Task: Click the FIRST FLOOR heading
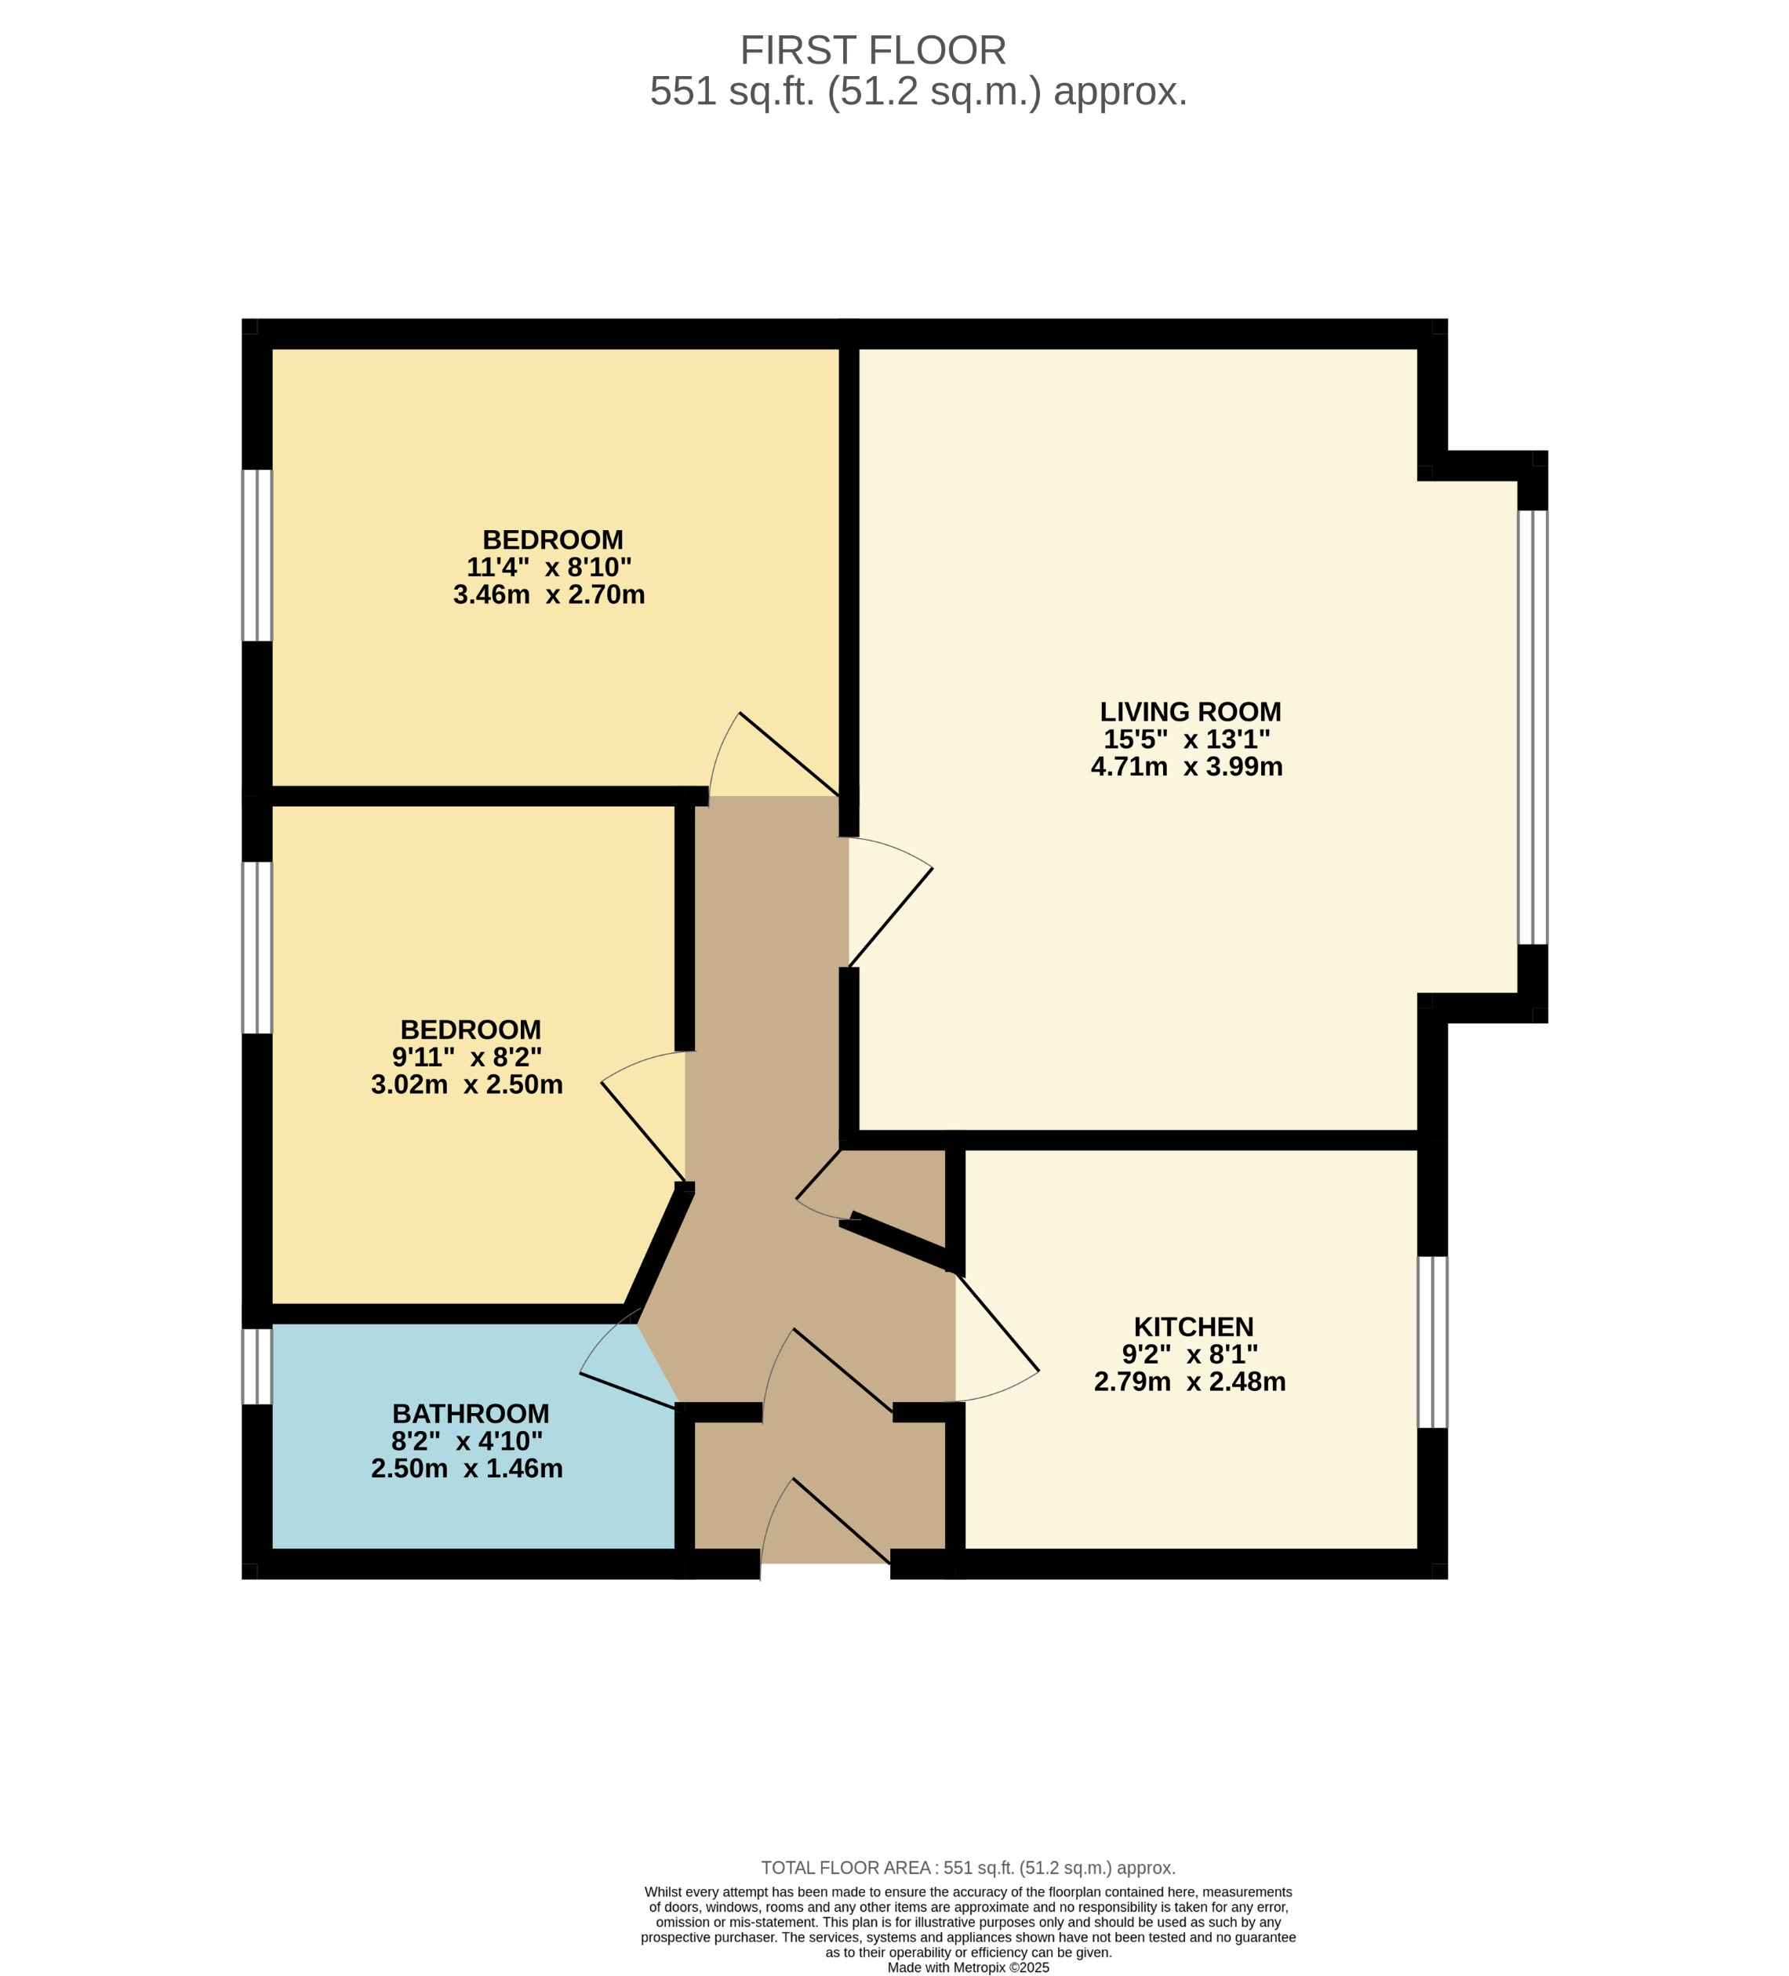(872, 50)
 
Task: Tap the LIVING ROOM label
(1189, 712)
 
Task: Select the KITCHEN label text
(1193, 1326)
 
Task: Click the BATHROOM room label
(471, 1413)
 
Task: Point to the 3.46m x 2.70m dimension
(549, 595)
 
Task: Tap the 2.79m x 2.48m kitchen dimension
(1189, 1381)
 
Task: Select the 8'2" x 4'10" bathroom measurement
(467, 1441)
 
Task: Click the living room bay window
(1533, 728)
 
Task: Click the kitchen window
(1432, 1342)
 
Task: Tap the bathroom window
(256, 1365)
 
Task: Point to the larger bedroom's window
(256, 555)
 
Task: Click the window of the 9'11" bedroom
(256, 948)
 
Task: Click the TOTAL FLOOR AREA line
(968, 1867)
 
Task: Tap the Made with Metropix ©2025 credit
(968, 1967)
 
